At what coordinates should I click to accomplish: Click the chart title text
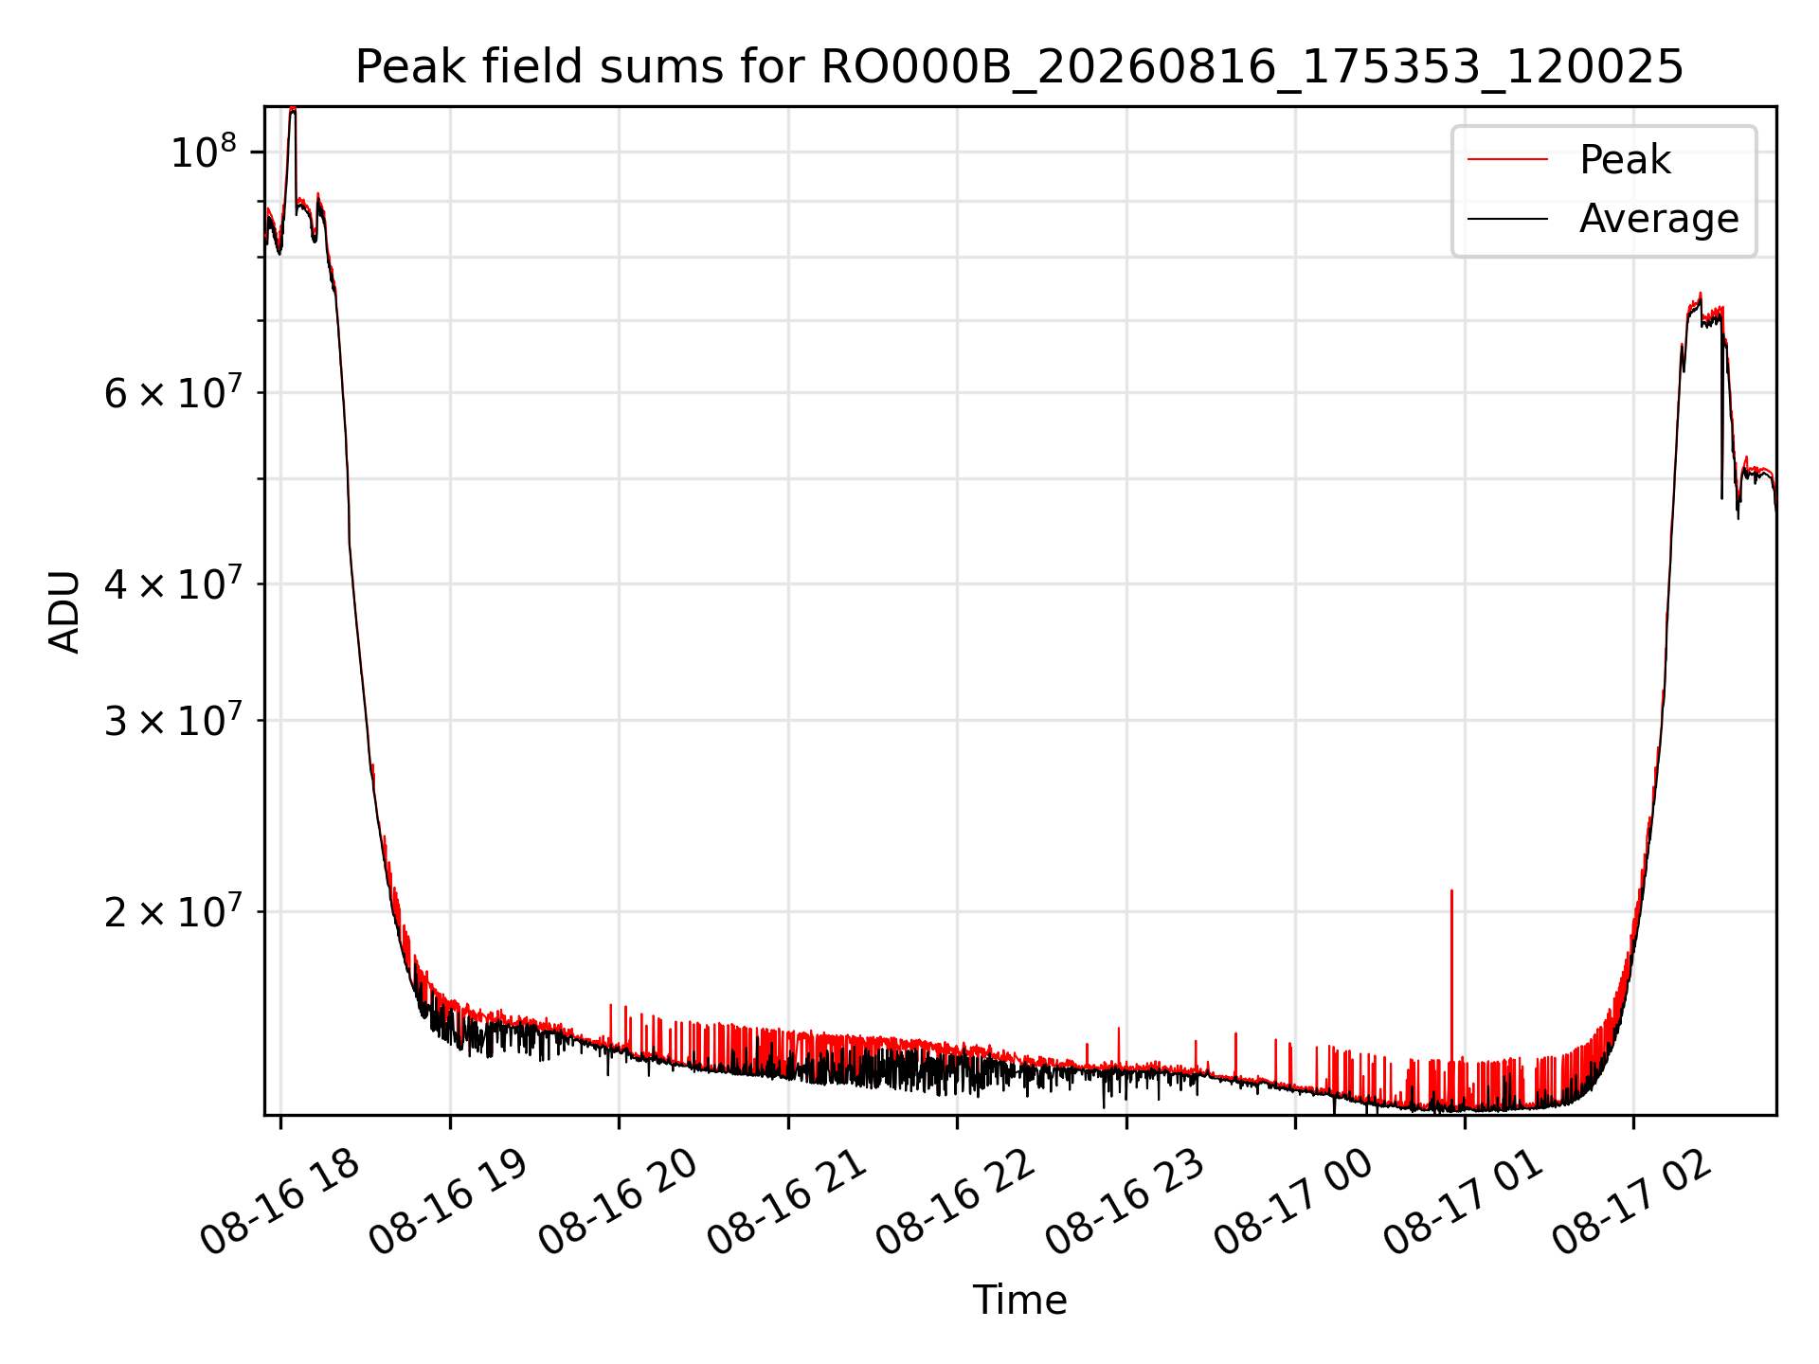(1019, 67)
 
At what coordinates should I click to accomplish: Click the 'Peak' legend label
(1625, 160)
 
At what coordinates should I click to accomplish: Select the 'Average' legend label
(1659, 219)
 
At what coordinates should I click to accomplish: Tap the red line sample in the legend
(1507, 160)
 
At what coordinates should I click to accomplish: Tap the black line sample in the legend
(1507, 219)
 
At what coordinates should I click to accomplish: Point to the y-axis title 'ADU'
(64, 611)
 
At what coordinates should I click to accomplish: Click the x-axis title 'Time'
(1019, 1301)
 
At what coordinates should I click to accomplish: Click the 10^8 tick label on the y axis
(204, 152)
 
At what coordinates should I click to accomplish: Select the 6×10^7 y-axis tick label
(171, 392)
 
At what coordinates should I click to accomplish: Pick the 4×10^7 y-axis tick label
(171, 583)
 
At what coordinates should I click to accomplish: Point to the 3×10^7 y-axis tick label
(171, 720)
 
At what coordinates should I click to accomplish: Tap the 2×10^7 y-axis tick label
(171, 911)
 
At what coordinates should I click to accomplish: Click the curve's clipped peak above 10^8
(293, 110)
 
